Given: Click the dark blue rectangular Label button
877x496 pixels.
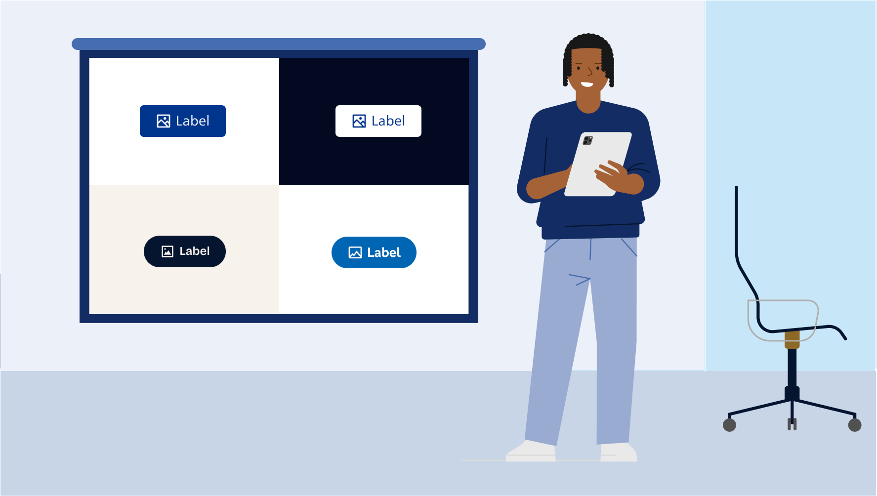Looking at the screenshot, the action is pyautogui.click(x=183, y=121).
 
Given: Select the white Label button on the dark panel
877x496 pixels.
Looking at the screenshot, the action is pyautogui.click(x=378, y=121).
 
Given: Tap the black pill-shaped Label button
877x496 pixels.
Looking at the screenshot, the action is pyautogui.click(x=185, y=251).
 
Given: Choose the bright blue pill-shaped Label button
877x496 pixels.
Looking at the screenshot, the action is pyautogui.click(x=374, y=252).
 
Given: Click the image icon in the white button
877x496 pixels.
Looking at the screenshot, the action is pyautogui.click(x=359, y=121).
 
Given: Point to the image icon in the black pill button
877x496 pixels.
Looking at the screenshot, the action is pyautogui.click(x=167, y=251).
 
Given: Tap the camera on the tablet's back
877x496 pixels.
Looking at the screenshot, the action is pyautogui.click(x=587, y=140).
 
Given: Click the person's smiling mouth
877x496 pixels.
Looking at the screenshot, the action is pyautogui.click(x=587, y=84).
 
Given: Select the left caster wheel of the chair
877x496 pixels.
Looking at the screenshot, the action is pyautogui.click(x=729, y=425).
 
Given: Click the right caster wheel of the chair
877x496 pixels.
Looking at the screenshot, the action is pyautogui.click(x=855, y=425).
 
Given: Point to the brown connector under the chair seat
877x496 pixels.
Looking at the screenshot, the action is pyautogui.click(x=792, y=340).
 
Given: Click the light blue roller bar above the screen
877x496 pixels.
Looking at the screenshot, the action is pyautogui.click(x=279, y=44).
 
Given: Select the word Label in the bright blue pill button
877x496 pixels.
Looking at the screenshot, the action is pyautogui.click(x=384, y=252).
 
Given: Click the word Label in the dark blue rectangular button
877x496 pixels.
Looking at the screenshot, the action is pyautogui.click(x=193, y=121).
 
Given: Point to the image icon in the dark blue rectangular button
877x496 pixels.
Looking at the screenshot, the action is pyautogui.click(x=164, y=121).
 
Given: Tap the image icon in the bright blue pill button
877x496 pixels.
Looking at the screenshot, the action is pyautogui.click(x=355, y=252).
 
